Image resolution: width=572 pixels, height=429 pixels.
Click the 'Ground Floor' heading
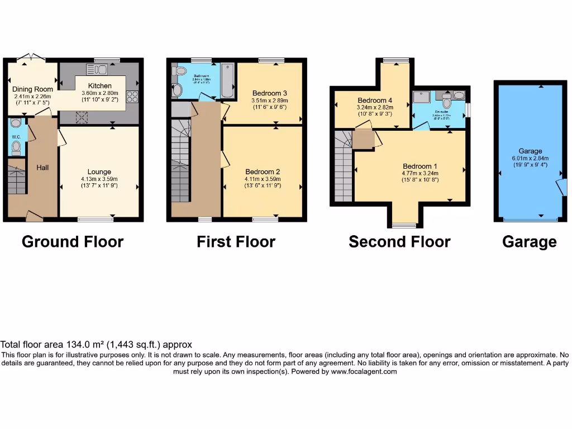click(73, 242)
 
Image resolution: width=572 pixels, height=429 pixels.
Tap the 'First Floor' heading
click(236, 242)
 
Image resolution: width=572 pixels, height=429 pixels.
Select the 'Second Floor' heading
click(399, 242)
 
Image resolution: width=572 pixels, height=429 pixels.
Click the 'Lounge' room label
click(99, 171)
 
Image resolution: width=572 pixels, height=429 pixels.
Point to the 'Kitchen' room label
click(100, 85)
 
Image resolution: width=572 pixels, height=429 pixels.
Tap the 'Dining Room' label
click(33, 89)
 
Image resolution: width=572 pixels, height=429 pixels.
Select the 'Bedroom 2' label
click(263, 171)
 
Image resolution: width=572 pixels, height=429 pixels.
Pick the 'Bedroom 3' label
click(270, 93)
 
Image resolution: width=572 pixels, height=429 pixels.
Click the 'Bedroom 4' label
click(375, 101)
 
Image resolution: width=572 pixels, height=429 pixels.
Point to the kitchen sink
click(97, 69)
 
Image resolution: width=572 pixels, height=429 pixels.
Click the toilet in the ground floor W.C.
click(16, 147)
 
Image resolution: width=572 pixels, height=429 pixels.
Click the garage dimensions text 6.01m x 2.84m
click(530, 158)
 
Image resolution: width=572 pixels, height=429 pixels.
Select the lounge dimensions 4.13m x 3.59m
click(99, 179)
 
